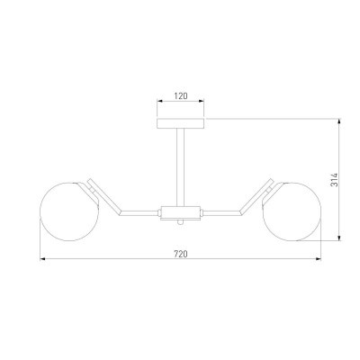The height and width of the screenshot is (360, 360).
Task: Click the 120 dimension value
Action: point(181,96)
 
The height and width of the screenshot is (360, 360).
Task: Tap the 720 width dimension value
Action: point(181,254)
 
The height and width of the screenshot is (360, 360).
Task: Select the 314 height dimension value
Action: point(334,180)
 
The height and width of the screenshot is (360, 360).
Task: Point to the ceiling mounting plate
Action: point(181,123)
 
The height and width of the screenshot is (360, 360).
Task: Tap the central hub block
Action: point(180,213)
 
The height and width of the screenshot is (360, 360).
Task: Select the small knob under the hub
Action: point(180,222)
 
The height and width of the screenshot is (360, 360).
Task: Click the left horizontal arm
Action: point(139,213)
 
